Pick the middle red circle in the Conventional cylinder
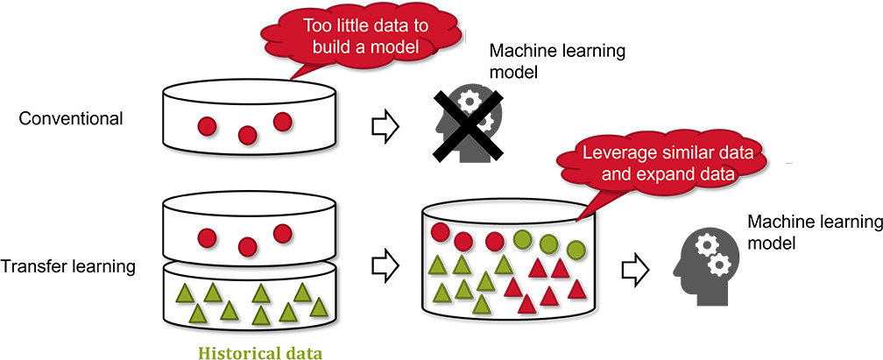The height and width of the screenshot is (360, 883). (x=247, y=135)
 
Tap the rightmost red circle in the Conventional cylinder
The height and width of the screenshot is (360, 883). (x=282, y=121)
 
